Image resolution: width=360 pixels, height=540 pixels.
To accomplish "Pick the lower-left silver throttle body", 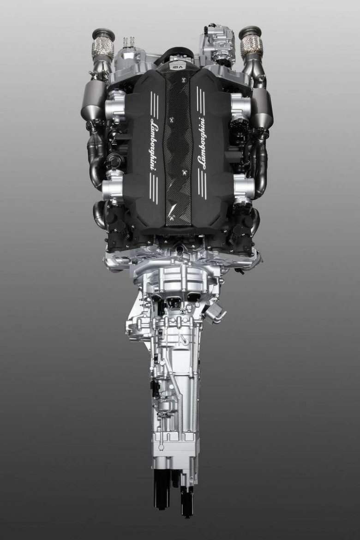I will [x=113, y=187].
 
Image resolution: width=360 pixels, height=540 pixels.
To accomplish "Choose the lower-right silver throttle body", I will [x=244, y=187].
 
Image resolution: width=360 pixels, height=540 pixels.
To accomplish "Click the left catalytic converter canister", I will [x=91, y=104].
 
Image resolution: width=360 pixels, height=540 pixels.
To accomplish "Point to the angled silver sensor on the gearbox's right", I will [x=215, y=314].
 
